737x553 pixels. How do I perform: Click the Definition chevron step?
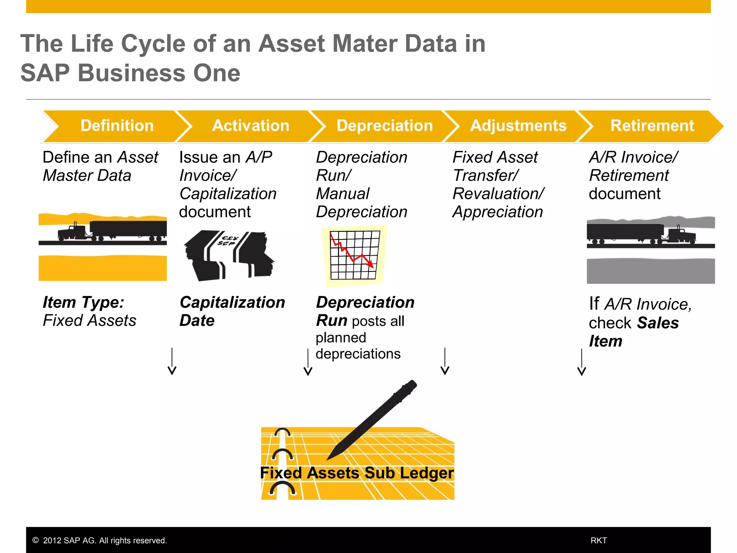point(117,126)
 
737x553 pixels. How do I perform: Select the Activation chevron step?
point(250,126)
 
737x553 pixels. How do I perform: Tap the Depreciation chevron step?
point(384,126)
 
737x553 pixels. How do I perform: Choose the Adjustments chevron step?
point(518,126)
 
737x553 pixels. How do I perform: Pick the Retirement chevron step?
point(652,126)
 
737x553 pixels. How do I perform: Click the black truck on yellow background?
point(112,231)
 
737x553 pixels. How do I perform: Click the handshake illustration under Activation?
point(229,256)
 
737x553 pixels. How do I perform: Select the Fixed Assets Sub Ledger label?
point(357,473)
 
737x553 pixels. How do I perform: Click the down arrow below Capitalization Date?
point(172,362)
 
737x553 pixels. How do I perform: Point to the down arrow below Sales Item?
point(582,363)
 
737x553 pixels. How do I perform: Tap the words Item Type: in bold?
point(83,302)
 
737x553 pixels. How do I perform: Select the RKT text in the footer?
point(598,540)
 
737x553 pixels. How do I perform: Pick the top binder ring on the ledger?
point(282,432)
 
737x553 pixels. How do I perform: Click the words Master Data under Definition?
point(87,176)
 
